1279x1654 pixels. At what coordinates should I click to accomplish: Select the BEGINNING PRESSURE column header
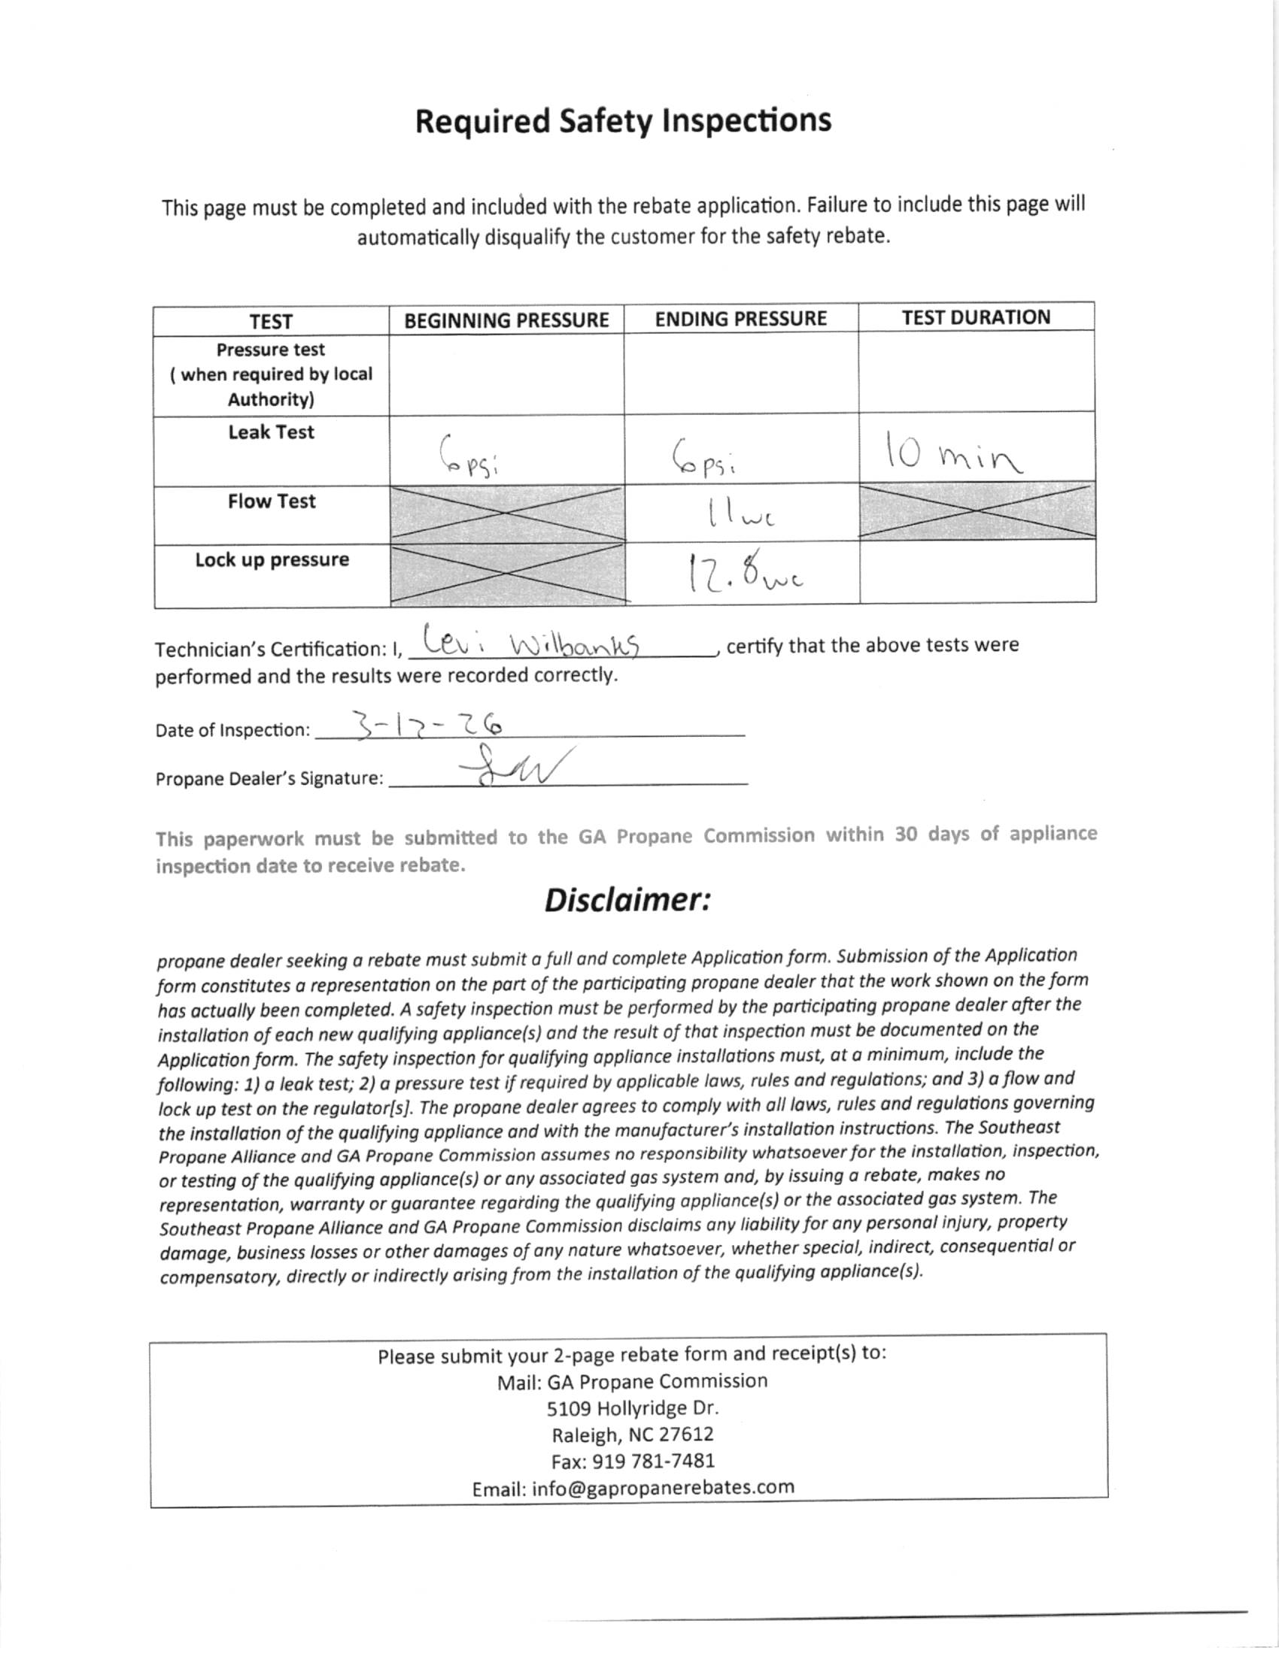click(506, 320)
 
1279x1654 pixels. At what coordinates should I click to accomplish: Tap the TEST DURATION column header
click(976, 317)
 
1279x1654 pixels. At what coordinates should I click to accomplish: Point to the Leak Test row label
click(272, 432)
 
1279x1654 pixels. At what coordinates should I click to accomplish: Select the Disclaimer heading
click(627, 900)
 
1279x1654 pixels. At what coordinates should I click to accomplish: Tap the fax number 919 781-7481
click(633, 1461)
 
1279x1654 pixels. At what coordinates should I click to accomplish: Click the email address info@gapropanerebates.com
click(633, 1487)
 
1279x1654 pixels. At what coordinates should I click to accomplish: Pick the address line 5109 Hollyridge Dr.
click(633, 1408)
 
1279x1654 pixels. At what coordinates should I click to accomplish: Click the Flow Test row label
click(272, 501)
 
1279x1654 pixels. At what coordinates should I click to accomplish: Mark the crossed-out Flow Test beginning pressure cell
click(507, 514)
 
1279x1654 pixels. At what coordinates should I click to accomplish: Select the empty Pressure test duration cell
click(977, 373)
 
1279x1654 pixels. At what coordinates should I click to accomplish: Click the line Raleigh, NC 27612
click(633, 1434)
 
